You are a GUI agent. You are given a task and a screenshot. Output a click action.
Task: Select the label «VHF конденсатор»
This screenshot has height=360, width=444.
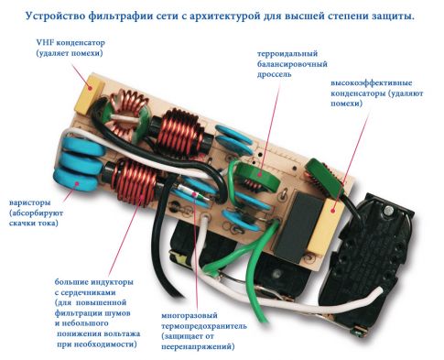pyautogui.click(x=70, y=42)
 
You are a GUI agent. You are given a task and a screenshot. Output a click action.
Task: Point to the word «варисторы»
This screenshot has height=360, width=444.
pyautogui.click(x=30, y=202)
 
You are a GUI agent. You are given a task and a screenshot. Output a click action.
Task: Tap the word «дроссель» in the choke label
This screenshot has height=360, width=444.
pyautogui.click(x=274, y=74)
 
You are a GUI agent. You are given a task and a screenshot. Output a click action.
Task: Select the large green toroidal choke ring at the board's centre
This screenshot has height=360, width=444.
pyautogui.click(x=258, y=175)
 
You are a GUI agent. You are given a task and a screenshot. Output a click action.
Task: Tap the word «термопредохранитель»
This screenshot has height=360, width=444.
pyautogui.click(x=204, y=326)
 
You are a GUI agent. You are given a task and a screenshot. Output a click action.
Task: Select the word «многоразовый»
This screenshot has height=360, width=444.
pyautogui.click(x=190, y=315)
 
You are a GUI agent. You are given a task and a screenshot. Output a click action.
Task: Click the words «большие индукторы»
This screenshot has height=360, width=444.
pyautogui.click(x=94, y=282)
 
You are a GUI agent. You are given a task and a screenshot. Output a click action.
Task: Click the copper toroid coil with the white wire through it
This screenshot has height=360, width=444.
pyautogui.click(x=125, y=116)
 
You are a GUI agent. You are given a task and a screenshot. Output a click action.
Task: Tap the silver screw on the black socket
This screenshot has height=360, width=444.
pyautogui.click(x=388, y=211)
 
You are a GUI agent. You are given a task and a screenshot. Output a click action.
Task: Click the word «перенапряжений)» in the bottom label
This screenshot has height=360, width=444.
pyautogui.click(x=198, y=347)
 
